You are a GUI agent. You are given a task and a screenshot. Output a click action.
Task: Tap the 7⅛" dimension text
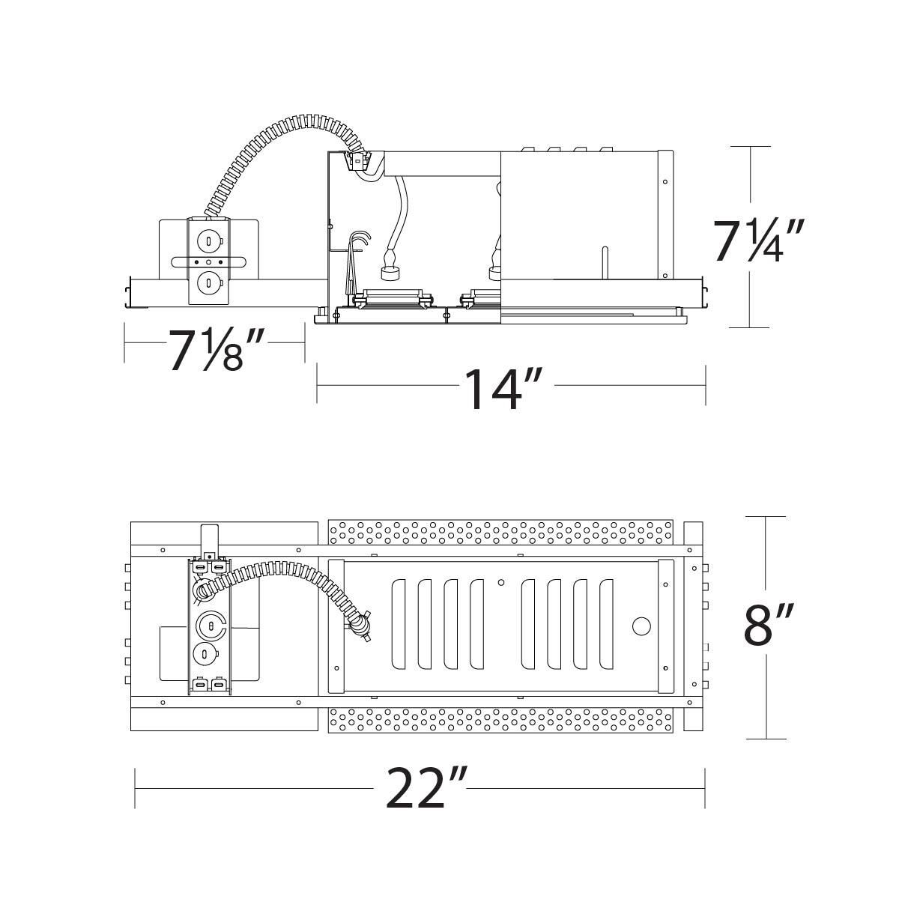pyautogui.click(x=217, y=349)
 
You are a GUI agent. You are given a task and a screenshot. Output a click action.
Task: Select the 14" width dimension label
pyautogui.click(x=502, y=388)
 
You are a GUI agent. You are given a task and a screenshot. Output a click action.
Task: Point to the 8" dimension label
pyautogui.click(x=768, y=626)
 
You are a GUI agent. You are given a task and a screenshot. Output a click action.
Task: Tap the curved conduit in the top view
pyautogui.click(x=285, y=572)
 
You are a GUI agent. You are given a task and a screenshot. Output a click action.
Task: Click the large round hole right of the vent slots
pyautogui.click(x=641, y=626)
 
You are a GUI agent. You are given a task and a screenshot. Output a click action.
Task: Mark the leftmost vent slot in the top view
pyautogui.click(x=399, y=624)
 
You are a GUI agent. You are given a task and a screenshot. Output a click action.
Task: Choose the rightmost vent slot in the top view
pyautogui.click(x=605, y=624)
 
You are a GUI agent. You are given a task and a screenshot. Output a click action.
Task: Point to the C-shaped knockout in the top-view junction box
pyautogui.click(x=212, y=624)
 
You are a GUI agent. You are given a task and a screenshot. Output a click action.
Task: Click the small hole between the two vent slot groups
pyautogui.click(x=501, y=581)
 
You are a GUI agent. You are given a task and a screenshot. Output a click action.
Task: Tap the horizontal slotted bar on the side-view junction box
pyautogui.click(x=208, y=261)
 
